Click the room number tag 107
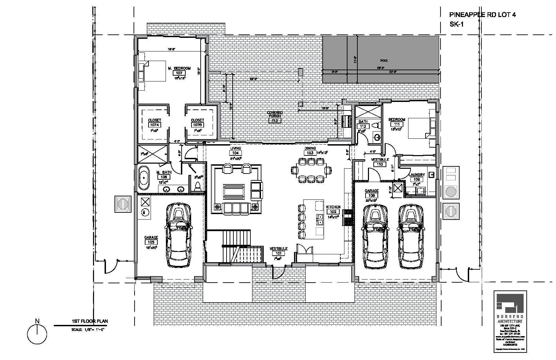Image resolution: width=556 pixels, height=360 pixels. (179, 73)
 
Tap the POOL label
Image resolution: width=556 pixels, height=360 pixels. (384, 61)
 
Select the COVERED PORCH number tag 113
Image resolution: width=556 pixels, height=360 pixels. (274, 121)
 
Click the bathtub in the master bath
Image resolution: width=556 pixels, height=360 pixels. (144, 177)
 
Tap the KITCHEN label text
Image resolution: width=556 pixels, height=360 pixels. (333, 207)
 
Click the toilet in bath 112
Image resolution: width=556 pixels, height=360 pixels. (375, 126)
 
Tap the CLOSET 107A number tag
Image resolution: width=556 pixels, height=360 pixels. (154, 125)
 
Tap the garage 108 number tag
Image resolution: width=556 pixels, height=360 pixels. (371, 195)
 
